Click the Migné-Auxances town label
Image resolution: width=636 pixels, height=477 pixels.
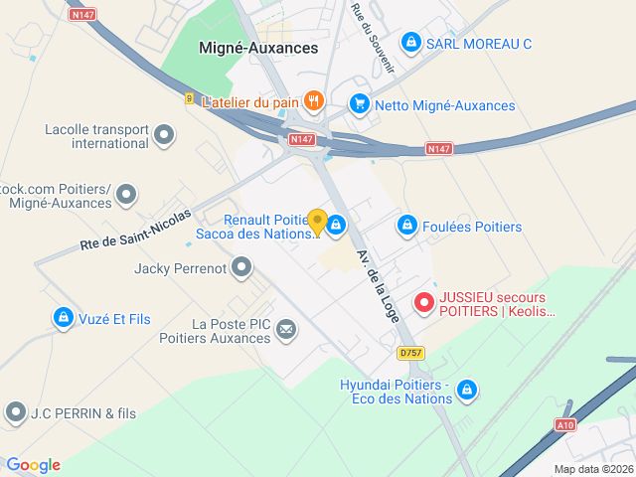pyautogui.click(x=258, y=47)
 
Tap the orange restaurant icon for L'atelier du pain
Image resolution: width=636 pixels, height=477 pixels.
pyautogui.click(x=314, y=100)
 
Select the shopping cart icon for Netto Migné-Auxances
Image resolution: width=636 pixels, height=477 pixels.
pyautogui.click(x=360, y=104)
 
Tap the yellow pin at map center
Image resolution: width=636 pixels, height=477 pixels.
pyautogui.click(x=317, y=223)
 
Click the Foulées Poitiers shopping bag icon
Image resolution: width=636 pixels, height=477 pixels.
pyautogui.click(x=406, y=227)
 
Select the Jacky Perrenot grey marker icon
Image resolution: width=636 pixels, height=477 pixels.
pyautogui.click(x=241, y=266)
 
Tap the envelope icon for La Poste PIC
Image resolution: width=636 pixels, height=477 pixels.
pyautogui.click(x=286, y=329)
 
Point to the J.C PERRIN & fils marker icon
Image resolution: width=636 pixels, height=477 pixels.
pyautogui.click(x=15, y=411)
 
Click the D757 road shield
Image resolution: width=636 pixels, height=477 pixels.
pyautogui.click(x=409, y=353)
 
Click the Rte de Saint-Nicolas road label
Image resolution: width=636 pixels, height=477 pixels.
pyautogui.click(x=135, y=230)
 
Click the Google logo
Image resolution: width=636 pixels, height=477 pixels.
pyautogui.click(x=33, y=465)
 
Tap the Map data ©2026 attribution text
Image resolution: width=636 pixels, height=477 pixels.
pyautogui.click(x=592, y=469)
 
